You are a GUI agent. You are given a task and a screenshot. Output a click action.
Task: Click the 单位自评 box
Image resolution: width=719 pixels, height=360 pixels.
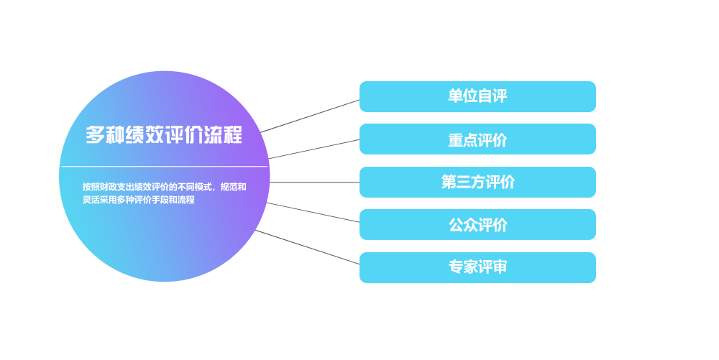click(477, 96)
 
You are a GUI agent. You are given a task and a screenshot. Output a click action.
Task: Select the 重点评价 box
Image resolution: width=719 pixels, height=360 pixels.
click(477, 139)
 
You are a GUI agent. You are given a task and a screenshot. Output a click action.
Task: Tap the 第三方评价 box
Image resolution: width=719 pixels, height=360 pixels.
click(477, 183)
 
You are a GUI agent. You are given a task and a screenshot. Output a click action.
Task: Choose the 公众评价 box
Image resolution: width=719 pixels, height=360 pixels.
click(477, 224)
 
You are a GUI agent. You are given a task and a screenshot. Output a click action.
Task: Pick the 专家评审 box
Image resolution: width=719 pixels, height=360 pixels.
click(477, 267)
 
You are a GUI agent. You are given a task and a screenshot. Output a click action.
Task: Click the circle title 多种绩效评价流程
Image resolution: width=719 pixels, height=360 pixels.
click(164, 134)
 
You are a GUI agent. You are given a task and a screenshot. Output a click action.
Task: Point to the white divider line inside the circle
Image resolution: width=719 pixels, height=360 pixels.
click(164, 166)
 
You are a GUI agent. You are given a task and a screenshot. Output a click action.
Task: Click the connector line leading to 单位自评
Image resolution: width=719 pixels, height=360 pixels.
click(310, 116)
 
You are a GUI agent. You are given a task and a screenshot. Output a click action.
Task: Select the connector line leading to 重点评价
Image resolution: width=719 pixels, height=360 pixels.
click(314, 149)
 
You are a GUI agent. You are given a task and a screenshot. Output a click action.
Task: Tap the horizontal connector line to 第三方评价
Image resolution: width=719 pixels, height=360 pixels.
click(315, 183)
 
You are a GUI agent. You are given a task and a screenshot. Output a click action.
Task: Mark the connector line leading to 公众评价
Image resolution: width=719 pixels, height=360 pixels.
click(313, 213)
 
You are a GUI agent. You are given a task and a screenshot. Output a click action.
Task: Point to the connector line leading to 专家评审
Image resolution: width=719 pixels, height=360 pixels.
click(307, 247)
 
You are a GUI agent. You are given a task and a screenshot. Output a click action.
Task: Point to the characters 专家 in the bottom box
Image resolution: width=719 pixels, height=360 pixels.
click(463, 267)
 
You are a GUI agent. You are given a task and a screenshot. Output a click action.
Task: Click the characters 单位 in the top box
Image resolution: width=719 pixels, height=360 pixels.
click(462, 96)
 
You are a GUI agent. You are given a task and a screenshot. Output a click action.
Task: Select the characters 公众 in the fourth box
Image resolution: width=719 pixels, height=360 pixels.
click(463, 225)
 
